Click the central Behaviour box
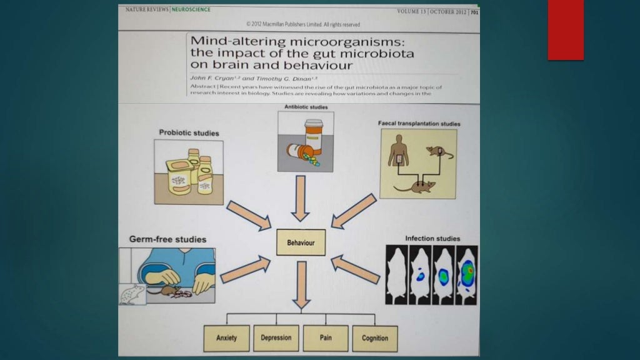pyautogui.click(x=301, y=242)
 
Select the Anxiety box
pyautogui.click(x=226, y=338)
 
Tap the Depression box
pyautogui.click(x=276, y=338)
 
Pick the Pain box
pyautogui.click(x=326, y=338)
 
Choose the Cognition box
pyautogui.click(x=375, y=338)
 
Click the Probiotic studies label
pyautogui.click(x=189, y=132)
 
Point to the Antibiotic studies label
pyautogui.click(x=306, y=107)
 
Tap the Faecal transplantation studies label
pyautogui.click(x=419, y=124)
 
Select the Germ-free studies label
pyautogui.click(x=167, y=239)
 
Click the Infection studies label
pyautogui.click(x=432, y=238)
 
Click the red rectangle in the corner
pyautogui.click(x=566, y=30)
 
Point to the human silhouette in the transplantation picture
pyautogui.click(x=397, y=152)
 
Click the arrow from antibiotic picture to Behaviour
pyautogui.click(x=301, y=197)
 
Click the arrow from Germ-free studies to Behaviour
pyautogui.click(x=246, y=268)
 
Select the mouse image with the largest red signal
pyautogui.click(x=466, y=275)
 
